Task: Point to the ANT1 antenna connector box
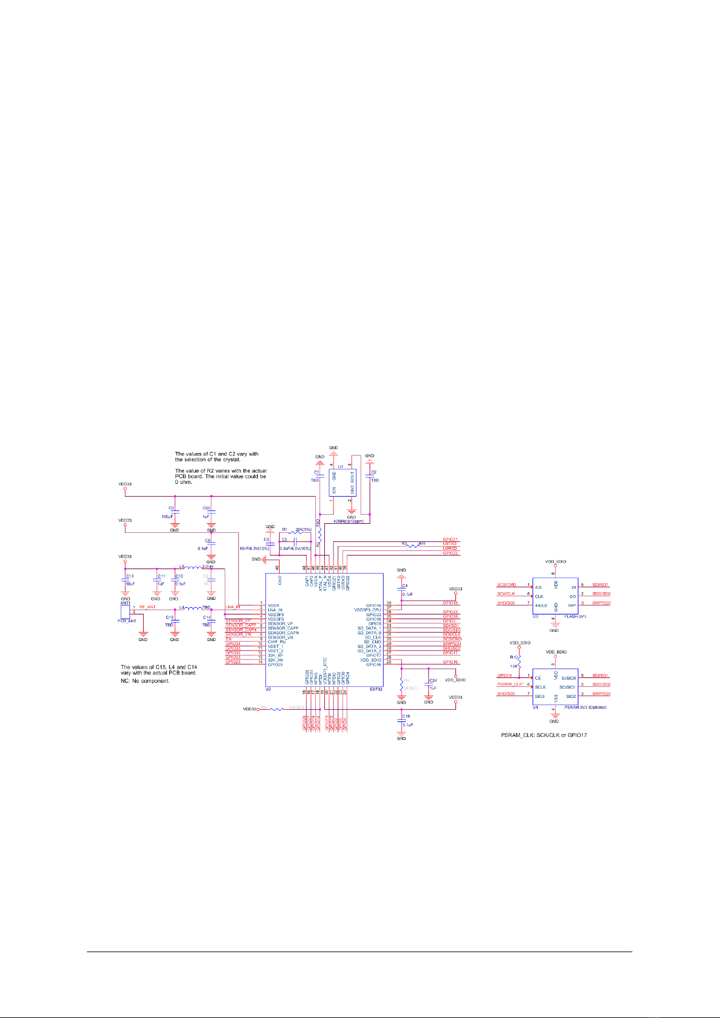[x=126, y=611]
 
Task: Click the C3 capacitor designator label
[x=172, y=509]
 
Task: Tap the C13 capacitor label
[x=129, y=576]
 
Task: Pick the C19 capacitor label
[x=406, y=716]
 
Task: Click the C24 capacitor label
[x=432, y=680]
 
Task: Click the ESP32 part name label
[x=375, y=688]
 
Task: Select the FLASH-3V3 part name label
[x=574, y=616]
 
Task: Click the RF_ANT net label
[x=147, y=607]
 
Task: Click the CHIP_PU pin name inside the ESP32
[x=277, y=642]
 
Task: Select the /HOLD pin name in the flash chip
[x=541, y=605]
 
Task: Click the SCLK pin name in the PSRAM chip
[x=540, y=687]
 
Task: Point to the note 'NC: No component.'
[x=145, y=681]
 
